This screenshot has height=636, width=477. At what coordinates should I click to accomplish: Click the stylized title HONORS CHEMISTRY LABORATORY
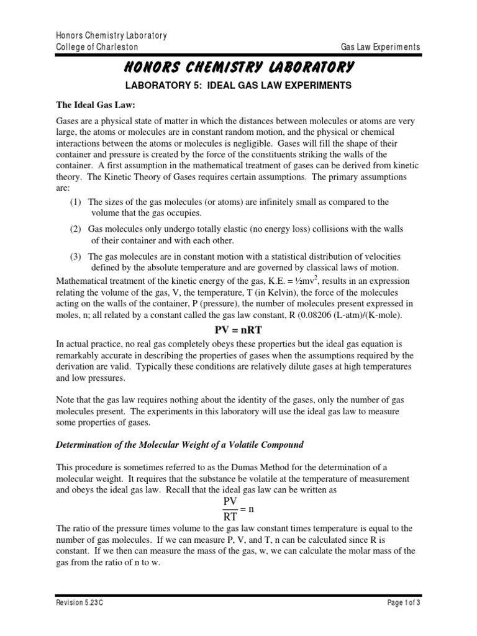pos(238,66)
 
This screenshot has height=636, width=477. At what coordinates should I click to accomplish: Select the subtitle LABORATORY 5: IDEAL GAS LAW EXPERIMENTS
pos(238,84)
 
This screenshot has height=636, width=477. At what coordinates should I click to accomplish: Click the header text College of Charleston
pos(97,47)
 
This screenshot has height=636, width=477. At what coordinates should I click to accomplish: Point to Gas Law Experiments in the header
pos(381,47)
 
